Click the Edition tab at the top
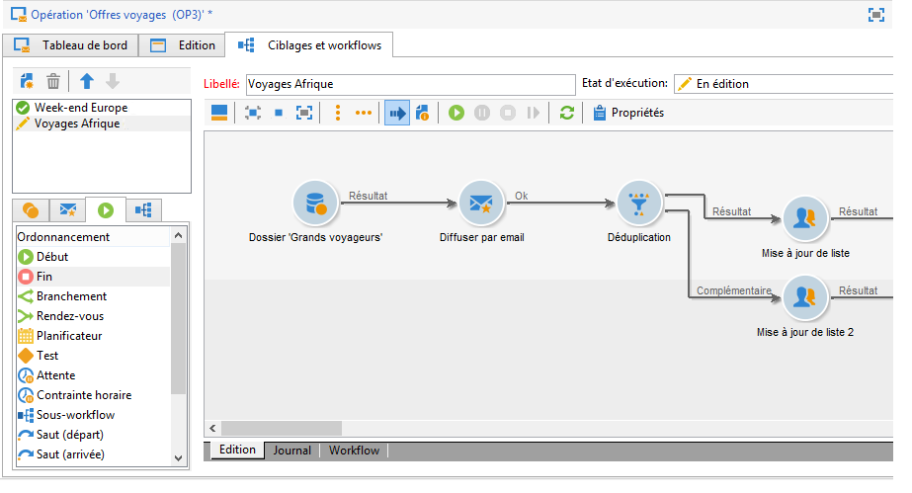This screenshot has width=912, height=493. click(x=184, y=45)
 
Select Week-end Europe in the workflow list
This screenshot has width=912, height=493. click(x=80, y=108)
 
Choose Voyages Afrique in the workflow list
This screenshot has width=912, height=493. click(x=77, y=124)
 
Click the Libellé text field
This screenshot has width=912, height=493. click(x=409, y=85)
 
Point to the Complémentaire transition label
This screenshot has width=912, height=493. click(x=732, y=290)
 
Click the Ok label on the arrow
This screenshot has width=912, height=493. click(x=521, y=196)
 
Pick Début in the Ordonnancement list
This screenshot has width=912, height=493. click(x=52, y=257)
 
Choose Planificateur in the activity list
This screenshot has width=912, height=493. click(x=69, y=336)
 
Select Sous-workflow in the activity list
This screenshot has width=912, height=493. click(x=75, y=415)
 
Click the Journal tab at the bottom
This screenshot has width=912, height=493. click(x=291, y=451)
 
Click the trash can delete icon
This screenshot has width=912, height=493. click(x=54, y=82)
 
